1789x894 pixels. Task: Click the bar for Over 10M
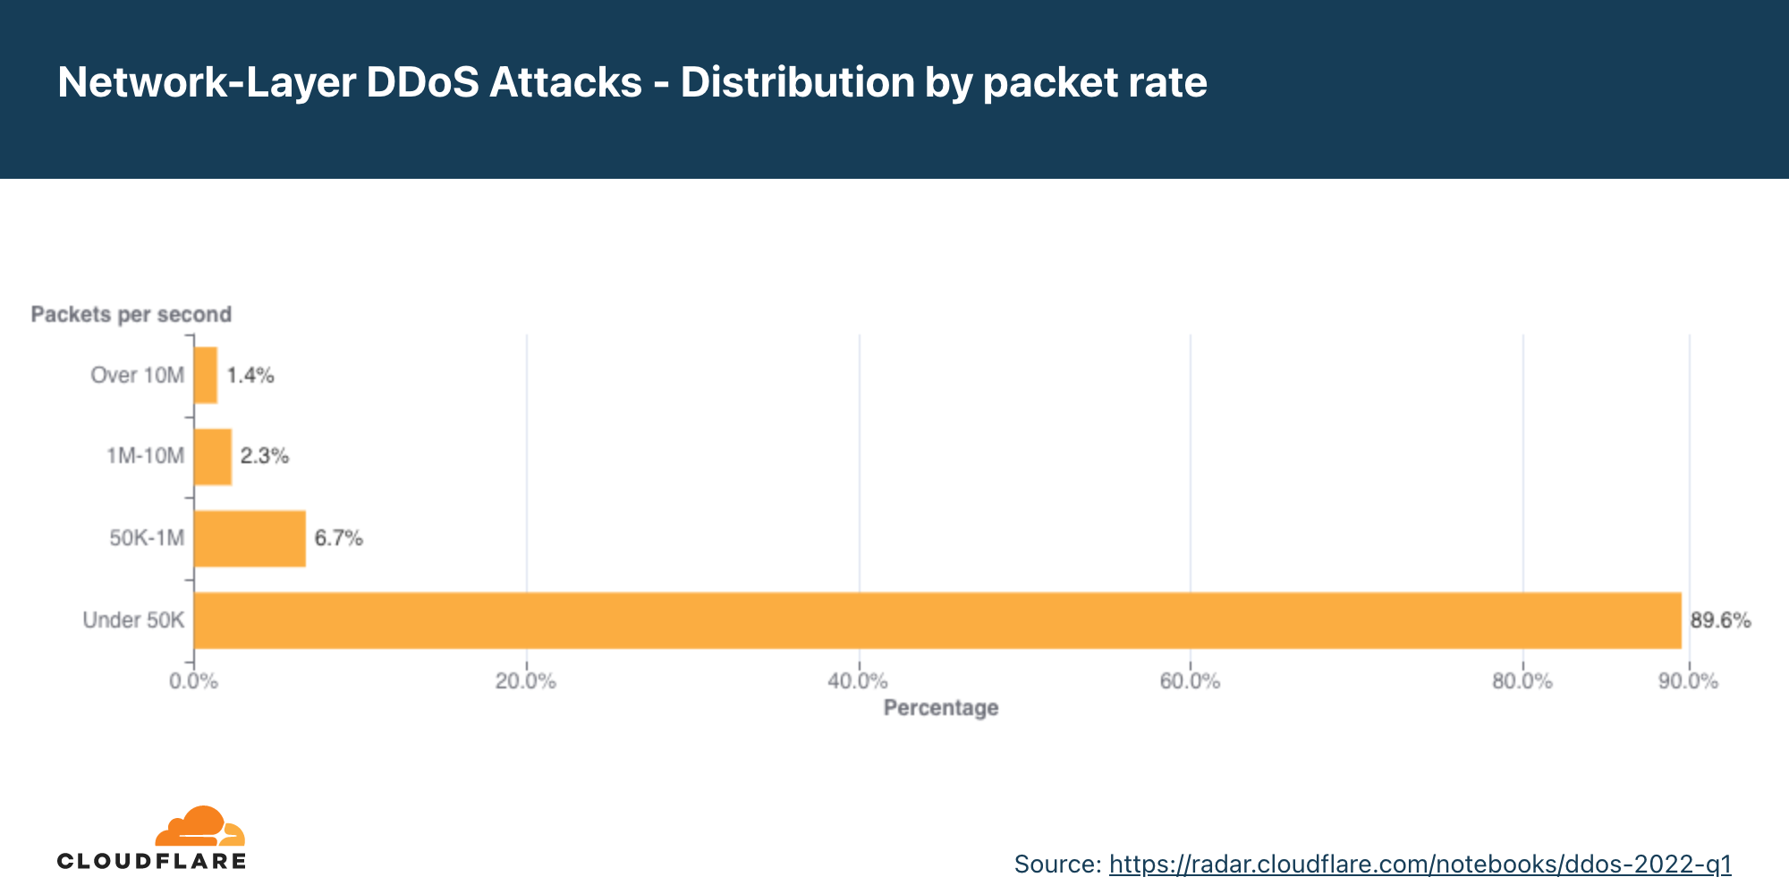point(206,375)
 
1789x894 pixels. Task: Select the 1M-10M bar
point(213,457)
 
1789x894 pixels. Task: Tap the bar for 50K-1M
point(250,538)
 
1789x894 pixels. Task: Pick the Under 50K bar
point(937,620)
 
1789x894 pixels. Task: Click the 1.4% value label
point(250,375)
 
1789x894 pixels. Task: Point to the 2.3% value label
point(265,457)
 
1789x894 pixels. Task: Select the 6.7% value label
point(338,538)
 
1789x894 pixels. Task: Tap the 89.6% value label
point(1720,620)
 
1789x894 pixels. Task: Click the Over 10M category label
point(137,375)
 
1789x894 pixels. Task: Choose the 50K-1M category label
point(147,538)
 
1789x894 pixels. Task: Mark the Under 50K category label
point(133,620)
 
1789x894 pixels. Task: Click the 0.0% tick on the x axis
point(193,681)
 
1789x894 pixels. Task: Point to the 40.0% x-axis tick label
point(858,681)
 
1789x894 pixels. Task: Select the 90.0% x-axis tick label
point(1688,681)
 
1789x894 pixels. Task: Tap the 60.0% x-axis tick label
point(1190,681)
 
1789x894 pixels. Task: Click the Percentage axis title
point(940,708)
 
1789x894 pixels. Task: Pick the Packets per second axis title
point(131,315)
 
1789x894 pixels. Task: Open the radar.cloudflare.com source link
point(1420,864)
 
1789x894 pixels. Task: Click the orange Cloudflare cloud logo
point(199,826)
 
